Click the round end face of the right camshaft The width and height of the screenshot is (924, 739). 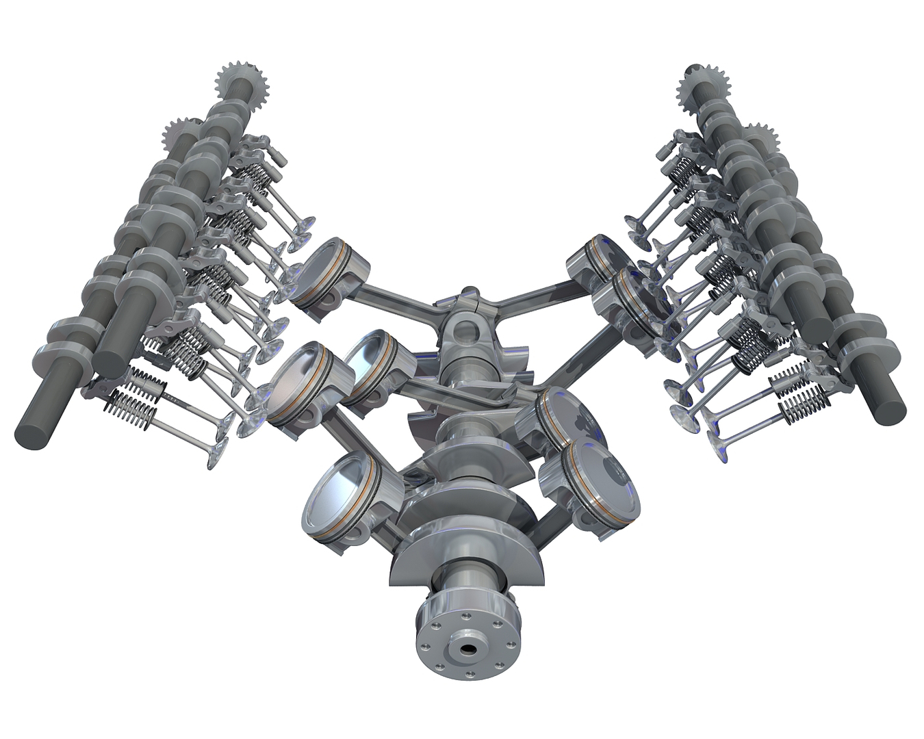tap(889, 408)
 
